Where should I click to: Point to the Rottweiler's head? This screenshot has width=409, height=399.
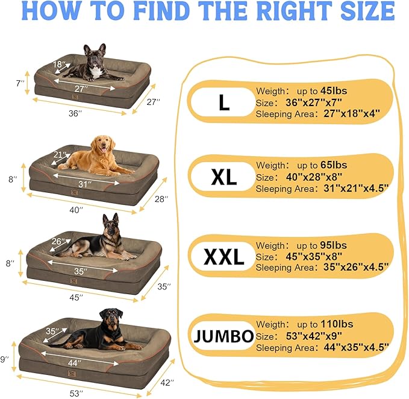tap(112, 316)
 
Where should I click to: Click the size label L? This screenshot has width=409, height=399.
tap(224, 102)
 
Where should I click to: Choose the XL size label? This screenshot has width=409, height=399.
tap(224, 177)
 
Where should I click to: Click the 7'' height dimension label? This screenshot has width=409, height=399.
tap(21, 83)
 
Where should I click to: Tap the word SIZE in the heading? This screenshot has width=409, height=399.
tap(359, 11)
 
